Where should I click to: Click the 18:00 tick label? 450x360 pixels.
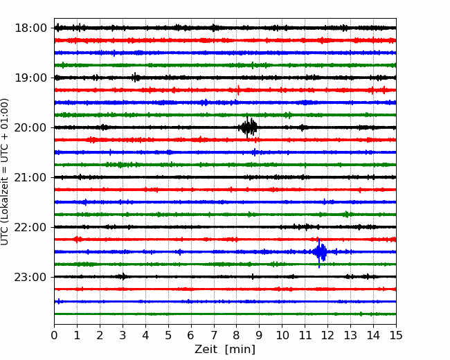(30, 28)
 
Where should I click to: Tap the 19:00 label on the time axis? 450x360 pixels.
(30, 78)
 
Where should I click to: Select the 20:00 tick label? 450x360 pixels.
(30, 127)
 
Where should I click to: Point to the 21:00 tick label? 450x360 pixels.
(30, 177)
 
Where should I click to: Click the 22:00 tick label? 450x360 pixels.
(30, 227)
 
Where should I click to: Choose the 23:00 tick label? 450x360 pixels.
(30, 277)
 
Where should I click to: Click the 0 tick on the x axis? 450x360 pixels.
(54, 335)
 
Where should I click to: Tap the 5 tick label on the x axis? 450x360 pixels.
(168, 335)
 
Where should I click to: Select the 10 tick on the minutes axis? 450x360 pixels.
(282, 335)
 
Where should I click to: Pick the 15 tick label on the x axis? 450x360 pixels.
(396, 335)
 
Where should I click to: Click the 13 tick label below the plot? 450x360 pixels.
(350, 335)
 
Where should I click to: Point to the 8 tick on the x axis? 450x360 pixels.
(237, 335)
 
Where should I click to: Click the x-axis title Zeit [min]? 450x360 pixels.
(225, 349)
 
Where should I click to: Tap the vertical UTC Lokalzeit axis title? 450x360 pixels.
(5, 172)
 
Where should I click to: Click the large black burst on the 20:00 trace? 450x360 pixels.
(248, 127)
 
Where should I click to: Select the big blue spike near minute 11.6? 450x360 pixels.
(320, 252)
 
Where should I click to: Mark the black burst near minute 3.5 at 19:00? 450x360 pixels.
(136, 78)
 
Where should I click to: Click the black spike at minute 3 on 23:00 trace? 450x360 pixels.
(123, 276)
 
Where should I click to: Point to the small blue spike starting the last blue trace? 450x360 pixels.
(59, 301)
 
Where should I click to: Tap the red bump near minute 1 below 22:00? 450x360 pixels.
(77, 239)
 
